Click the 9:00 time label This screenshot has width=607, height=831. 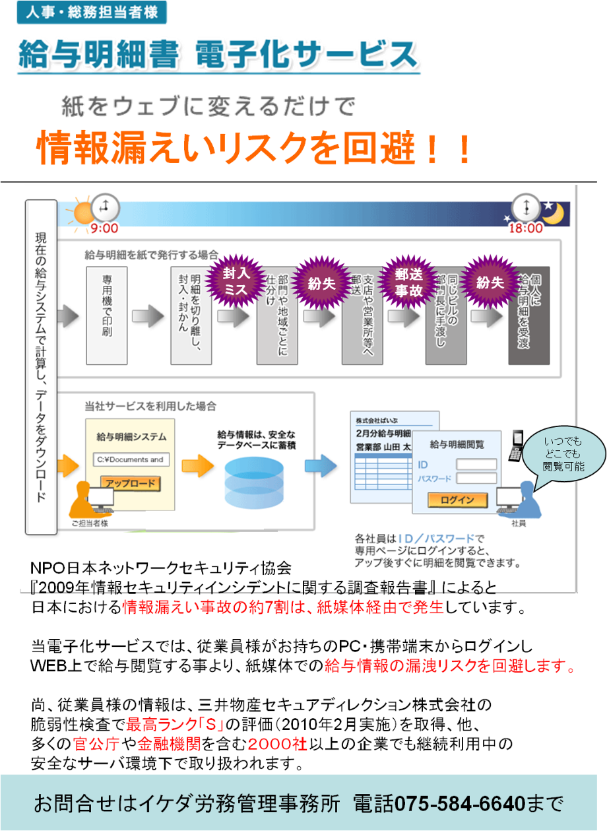coord(104,228)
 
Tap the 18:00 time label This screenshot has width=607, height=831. coord(525,228)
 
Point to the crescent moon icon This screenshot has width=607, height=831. coord(553,213)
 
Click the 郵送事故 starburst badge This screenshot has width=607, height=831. coord(408,281)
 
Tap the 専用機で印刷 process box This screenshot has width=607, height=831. coord(106,316)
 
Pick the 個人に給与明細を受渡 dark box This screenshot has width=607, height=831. coord(528,316)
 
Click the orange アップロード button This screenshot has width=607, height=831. coord(131,483)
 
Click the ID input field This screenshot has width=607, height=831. coord(476,465)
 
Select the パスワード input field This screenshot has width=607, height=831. coord(476,478)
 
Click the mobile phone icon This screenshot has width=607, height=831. coord(517,446)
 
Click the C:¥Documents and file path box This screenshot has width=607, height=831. coord(131,459)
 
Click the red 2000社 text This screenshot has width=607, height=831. coord(278,745)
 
